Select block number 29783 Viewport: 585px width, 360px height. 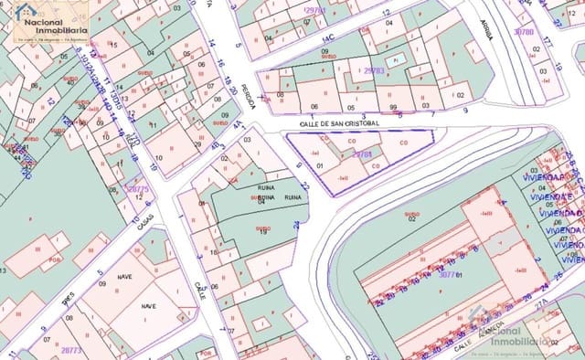tap(373, 70)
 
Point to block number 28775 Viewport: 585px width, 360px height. tap(137, 188)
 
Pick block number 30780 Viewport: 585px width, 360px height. tap(524, 31)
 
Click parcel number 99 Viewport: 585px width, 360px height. tap(392, 107)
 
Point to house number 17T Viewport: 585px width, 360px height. tap(547, 43)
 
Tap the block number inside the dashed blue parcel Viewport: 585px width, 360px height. tap(362, 154)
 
